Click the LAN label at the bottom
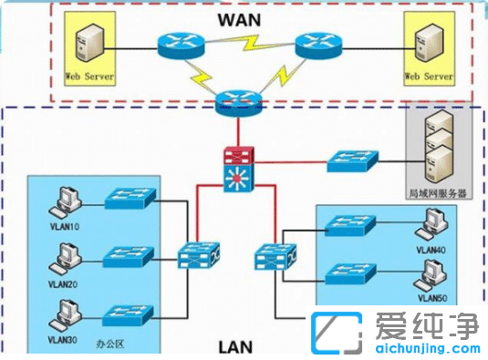[236, 346]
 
